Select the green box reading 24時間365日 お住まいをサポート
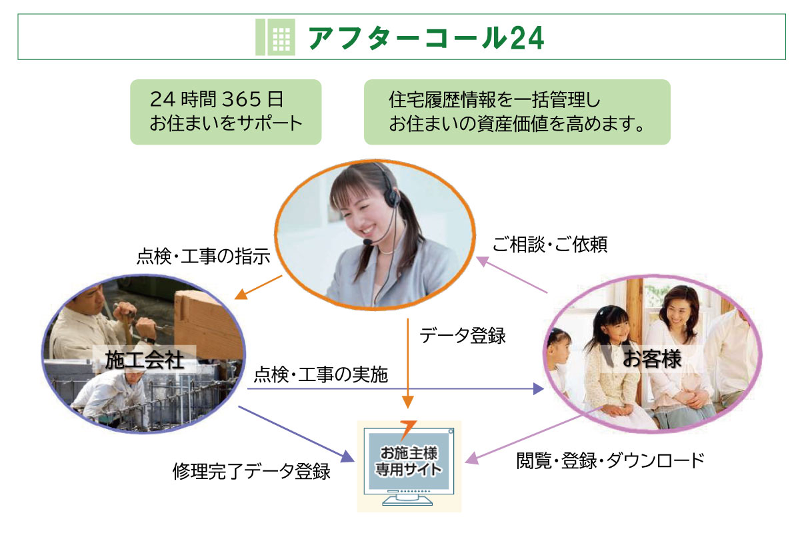[x=225, y=111]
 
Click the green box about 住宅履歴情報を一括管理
[x=517, y=111]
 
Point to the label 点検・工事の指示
[x=203, y=257]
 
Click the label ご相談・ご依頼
[x=550, y=245]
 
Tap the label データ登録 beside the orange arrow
[x=462, y=336]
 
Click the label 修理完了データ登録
[x=251, y=472]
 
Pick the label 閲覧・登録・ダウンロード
[x=610, y=460]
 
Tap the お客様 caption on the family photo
[x=651, y=358]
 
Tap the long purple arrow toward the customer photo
[x=393, y=389]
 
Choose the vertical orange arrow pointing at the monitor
[x=408, y=363]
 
